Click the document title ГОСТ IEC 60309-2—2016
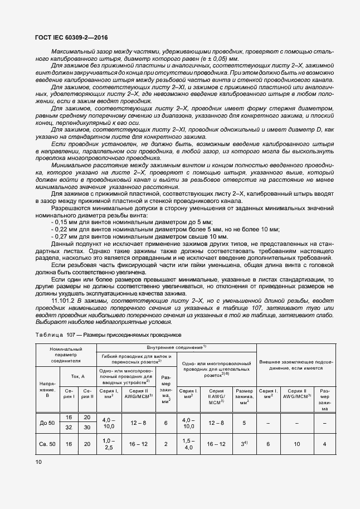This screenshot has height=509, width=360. pos(71,38)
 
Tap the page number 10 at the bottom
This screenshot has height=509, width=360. pos(38,462)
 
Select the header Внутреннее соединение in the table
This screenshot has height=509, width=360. pos(177,347)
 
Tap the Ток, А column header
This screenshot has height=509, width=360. pos(78,376)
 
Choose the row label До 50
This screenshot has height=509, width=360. pos(47,423)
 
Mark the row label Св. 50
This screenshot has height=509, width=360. pos(47,444)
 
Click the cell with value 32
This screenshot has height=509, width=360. pos(70,427)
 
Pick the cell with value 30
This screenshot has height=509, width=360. pos(86,427)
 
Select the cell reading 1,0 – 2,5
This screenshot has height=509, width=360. pos(109,444)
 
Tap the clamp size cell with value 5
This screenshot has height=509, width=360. pos(244,423)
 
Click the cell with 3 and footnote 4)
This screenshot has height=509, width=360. pos(244,444)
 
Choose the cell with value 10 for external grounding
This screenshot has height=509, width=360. pos(297,444)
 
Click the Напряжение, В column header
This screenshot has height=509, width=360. pos(47,390)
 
